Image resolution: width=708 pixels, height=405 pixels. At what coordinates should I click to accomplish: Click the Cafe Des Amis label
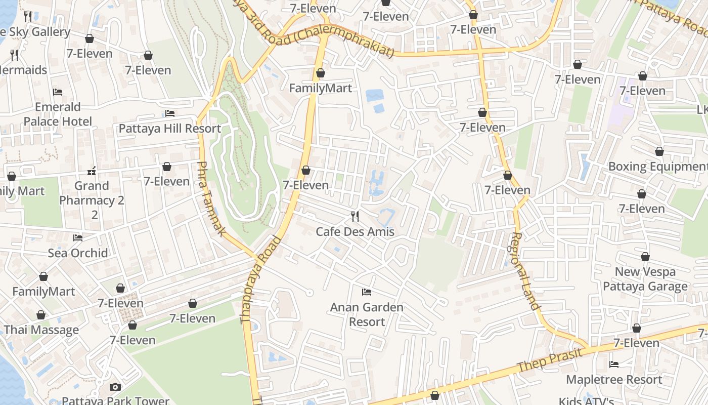(355, 231)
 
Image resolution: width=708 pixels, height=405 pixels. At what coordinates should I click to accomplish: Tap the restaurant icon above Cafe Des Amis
(355, 217)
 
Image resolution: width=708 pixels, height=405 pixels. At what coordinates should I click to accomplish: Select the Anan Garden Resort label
(367, 314)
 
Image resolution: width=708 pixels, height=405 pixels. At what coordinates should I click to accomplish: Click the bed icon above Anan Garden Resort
(367, 292)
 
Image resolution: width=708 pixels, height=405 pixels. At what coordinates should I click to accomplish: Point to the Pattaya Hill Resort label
(169, 128)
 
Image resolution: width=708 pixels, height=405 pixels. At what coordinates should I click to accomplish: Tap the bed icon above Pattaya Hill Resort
(170, 113)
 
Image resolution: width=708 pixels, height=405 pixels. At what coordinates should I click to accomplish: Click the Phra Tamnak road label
(211, 199)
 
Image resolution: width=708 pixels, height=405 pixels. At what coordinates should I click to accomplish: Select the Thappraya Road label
(260, 279)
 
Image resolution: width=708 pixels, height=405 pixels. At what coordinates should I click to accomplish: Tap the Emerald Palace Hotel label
(58, 114)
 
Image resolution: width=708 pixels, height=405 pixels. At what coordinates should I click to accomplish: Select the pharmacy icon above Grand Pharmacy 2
(92, 171)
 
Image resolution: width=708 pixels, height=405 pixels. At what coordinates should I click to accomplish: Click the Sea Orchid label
(78, 253)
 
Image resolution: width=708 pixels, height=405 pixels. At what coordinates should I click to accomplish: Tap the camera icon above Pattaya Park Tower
(115, 387)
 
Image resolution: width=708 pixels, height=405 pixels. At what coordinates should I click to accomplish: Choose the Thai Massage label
(41, 330)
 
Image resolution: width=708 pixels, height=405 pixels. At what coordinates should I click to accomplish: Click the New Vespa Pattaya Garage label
(645, 279)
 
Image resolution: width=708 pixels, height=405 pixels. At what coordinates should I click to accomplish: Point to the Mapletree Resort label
(614, 379)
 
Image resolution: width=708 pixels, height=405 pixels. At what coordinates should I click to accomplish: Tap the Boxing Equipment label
(657, 166)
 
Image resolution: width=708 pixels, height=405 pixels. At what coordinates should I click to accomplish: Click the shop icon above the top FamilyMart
(320, 73)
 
